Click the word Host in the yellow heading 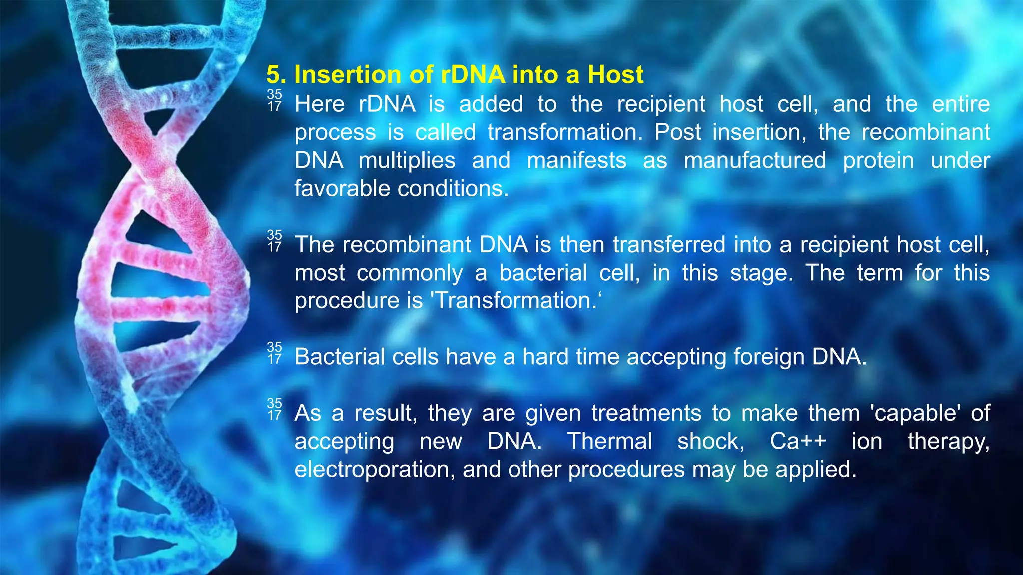point(615,75)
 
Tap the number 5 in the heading point(273,75)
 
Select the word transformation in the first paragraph point(565,132)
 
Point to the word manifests point(576,161)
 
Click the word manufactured point(755,161)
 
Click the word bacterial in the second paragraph point(543,273)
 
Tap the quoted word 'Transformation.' point(516,301)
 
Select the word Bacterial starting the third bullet point(340,357)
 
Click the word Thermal point(609,442)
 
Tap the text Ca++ point(798,442)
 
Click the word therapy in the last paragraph point(948,442)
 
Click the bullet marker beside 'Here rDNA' point(274,100)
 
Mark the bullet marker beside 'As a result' point(274,409)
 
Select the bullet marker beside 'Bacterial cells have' point(274,353)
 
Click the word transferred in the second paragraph point(669,245)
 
